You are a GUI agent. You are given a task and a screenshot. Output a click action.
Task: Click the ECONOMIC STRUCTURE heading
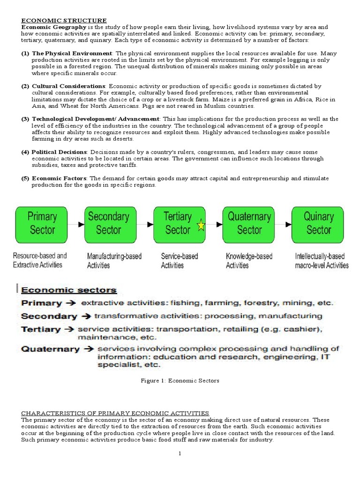tap(64, 21)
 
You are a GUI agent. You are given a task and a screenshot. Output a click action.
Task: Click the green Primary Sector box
tap(42, 224)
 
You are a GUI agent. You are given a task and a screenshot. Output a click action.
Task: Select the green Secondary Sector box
tap(108, 224)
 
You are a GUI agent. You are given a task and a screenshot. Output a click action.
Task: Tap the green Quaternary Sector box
tap(249, 224)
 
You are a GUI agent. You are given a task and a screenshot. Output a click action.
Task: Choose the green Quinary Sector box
tap(318, 224)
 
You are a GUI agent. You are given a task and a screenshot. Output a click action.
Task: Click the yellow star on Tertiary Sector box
tap(201, 226)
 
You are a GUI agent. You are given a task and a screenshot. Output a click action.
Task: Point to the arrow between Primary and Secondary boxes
tap(75, 224)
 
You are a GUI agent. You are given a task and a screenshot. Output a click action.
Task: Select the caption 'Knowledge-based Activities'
tap(248, 261)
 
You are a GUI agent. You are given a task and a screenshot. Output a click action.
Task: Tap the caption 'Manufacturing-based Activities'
tap(114, 261)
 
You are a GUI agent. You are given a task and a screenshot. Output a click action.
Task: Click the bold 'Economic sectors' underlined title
tap(68, 290)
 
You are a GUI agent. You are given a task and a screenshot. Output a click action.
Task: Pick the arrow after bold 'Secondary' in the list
tap(86, 316)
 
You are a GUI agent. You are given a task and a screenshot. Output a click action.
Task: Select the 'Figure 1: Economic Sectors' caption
tap(180, 381)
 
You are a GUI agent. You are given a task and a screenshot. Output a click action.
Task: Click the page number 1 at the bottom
tap(180, 453)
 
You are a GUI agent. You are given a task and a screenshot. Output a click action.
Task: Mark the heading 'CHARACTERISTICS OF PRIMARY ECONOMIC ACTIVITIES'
tap(115, 413)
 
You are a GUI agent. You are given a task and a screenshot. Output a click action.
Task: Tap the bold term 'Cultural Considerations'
tap(69, 86)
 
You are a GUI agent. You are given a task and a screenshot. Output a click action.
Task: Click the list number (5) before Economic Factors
tap(25, 179)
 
